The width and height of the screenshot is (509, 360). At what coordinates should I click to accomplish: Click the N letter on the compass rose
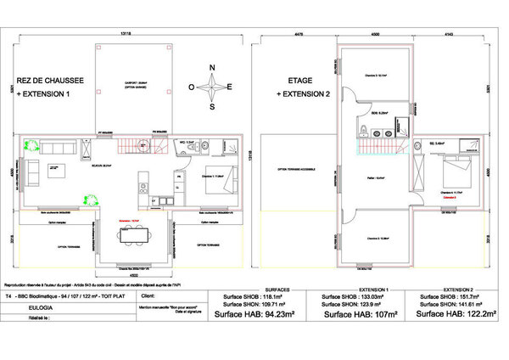click(213, 68)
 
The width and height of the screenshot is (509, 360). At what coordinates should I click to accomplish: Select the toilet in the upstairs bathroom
click(363, 130)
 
